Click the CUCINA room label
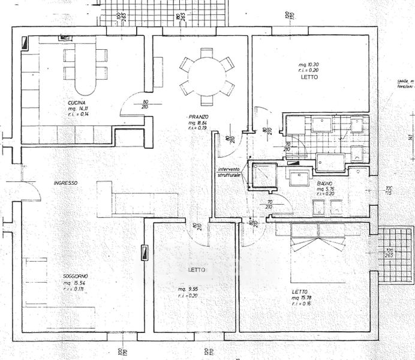[x=76, y=102]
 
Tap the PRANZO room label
[x=197, y=116]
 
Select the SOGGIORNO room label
[x=76, y=277]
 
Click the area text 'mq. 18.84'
[x=198, y=122]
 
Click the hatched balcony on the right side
[x=395, y=255]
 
